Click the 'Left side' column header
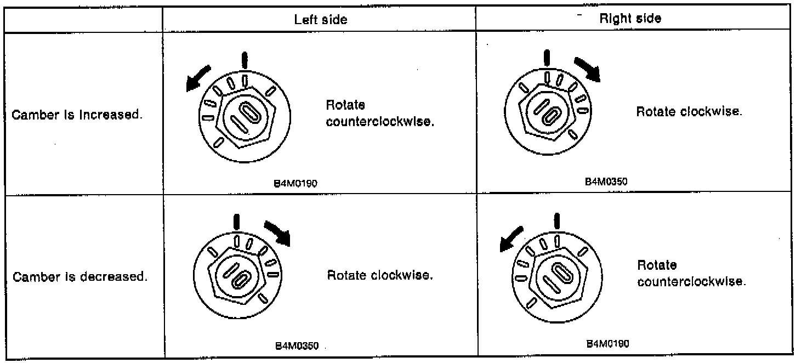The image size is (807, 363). pyautogui.click(x=321, y=19)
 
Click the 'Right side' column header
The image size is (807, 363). pyautogui.click(x=630, y=18)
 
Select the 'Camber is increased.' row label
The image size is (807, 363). pyautogui.click(x=82, y=117)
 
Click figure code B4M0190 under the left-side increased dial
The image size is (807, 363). pyautogui.click(x=295, y=184)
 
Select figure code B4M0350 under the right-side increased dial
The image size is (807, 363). pyautogui.click(x=605, y=181)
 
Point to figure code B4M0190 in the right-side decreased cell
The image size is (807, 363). pyautogui.click(x=607, y=344)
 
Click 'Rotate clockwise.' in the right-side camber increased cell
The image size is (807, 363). pyautogui.click(x=689, y=111)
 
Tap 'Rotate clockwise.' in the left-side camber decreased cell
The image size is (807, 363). pyautogui.click(x=380, y=275)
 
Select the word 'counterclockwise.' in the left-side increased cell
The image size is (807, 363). pyautogui.click(x=380, y=122)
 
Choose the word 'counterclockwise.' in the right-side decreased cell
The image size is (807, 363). pyautogui.click(x=691, y=282)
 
